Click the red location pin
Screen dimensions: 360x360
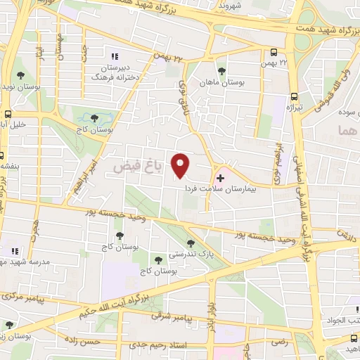point(181,165)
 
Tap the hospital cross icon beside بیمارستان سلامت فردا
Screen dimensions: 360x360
point(221,178)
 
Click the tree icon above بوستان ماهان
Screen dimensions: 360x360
point(221,71)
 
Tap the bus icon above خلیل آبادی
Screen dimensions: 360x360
point(7,115)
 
